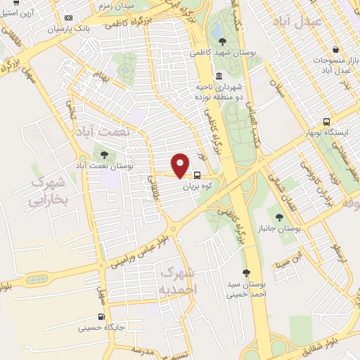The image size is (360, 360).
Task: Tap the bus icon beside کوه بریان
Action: tap(197, 175)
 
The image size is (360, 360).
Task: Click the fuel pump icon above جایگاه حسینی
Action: tap(103, 316)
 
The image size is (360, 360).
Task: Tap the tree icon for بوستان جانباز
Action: tap(280, 217)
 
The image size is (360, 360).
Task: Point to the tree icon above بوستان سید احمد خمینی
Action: tap(245, 273)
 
